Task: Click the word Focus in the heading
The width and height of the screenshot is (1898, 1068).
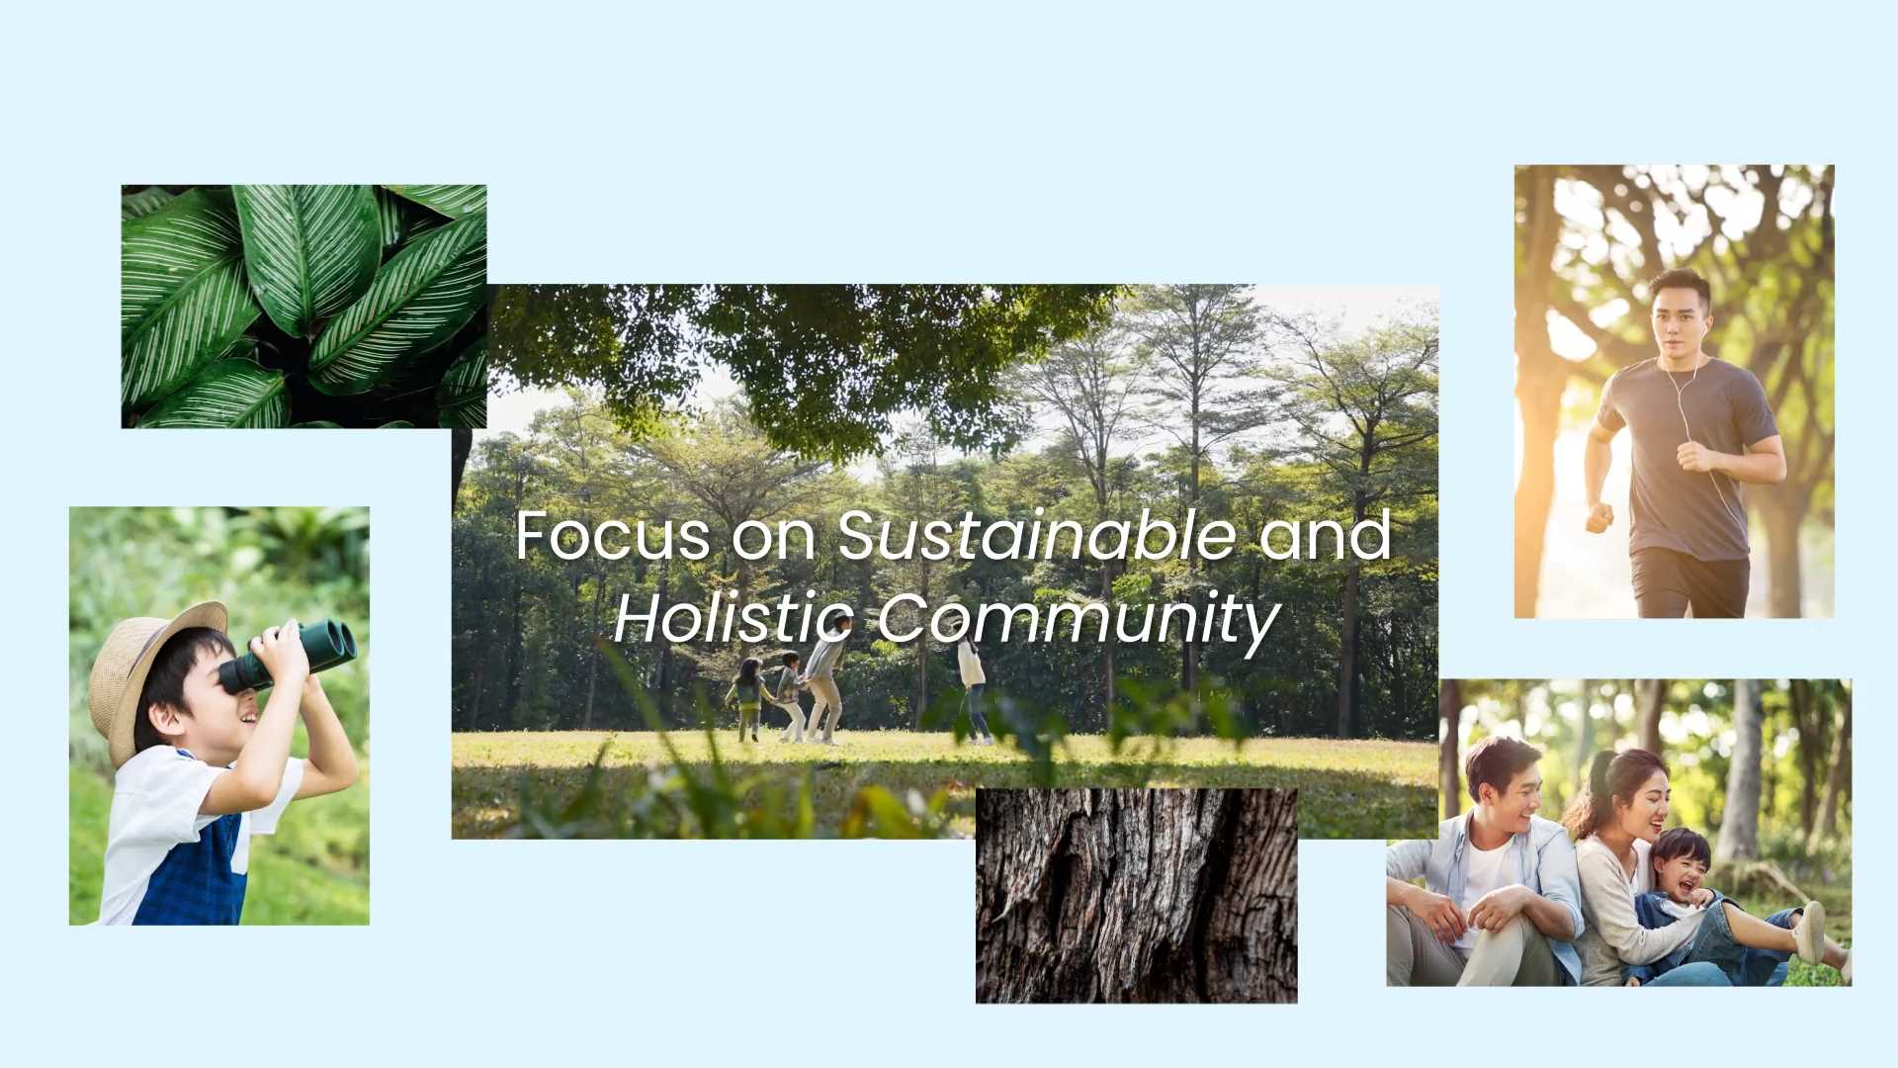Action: coord(613,535)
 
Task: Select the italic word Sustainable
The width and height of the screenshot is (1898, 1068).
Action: coord(1037,535)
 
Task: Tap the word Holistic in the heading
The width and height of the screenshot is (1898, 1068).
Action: coord(733,618)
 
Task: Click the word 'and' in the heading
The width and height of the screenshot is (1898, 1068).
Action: coord(1326,535)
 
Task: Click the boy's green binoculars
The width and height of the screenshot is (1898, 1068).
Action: coord(288,654)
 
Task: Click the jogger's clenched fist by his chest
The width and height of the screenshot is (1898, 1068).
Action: coord(1692,455)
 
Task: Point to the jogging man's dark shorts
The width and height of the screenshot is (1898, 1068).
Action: coord(1689,583)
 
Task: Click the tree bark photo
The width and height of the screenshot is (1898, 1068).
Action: coord(1136,896)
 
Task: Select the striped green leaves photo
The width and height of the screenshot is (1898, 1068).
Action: coord(303,307)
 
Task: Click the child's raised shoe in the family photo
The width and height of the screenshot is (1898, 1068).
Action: coord(1810,933)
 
